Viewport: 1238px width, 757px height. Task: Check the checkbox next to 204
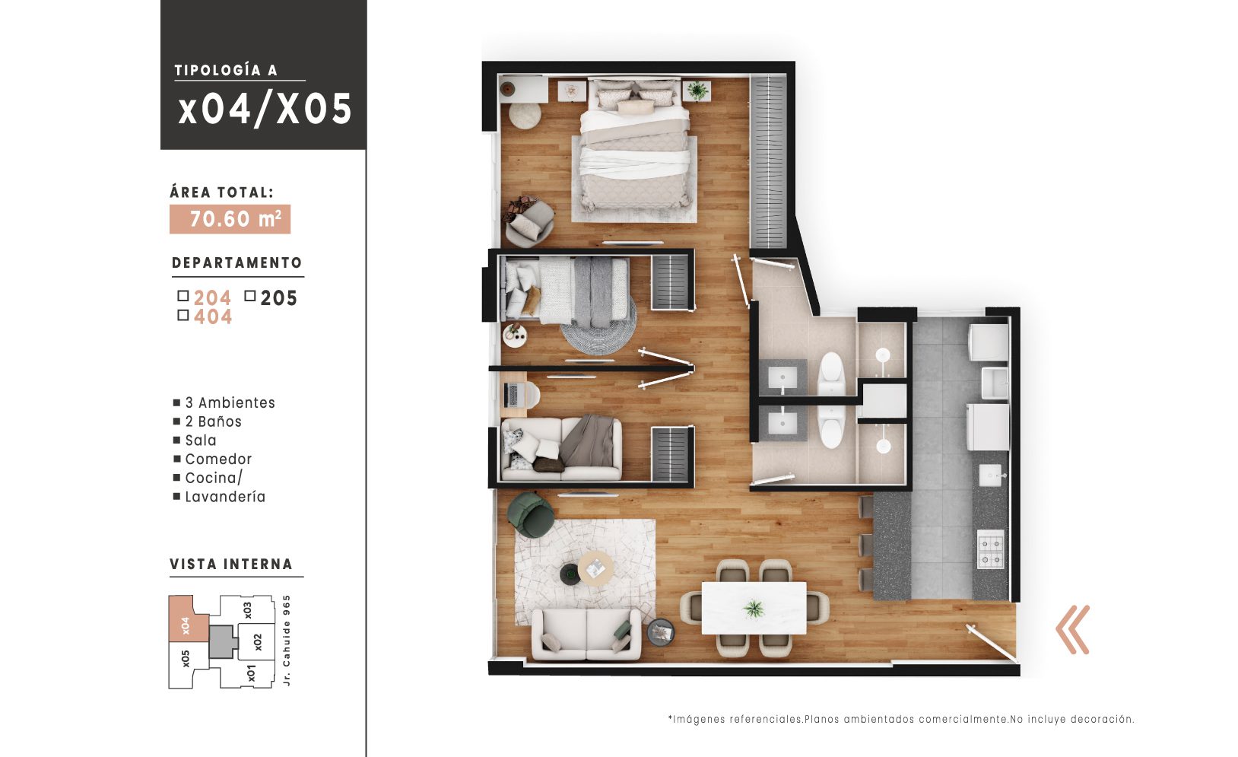point(183,296)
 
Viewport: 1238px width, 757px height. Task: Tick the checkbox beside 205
point(250,296)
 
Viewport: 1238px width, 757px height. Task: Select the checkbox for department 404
point(183,315)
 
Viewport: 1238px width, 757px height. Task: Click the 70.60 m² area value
point(230,219)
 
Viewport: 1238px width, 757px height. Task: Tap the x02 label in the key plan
point(258,642)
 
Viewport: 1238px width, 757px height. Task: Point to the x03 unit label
point(248,610)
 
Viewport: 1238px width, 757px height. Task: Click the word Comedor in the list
point(218,459)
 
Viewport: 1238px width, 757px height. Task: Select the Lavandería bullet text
point(225,497)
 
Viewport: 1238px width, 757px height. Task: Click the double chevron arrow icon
point(1072,629)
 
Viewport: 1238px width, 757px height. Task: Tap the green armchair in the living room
point(531,515)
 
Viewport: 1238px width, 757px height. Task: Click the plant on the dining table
point(754,609)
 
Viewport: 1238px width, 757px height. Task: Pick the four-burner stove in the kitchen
point(990,549)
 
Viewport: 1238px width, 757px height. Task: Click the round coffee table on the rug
point(595,568)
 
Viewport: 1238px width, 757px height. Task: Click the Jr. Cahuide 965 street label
point(286,641)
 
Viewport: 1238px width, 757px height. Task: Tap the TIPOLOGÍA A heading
point(226,70)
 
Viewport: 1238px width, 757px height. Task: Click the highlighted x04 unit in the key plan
point(188,619)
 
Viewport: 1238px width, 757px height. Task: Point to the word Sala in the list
point(201,441)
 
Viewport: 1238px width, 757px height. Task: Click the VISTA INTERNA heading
point(231,564)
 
